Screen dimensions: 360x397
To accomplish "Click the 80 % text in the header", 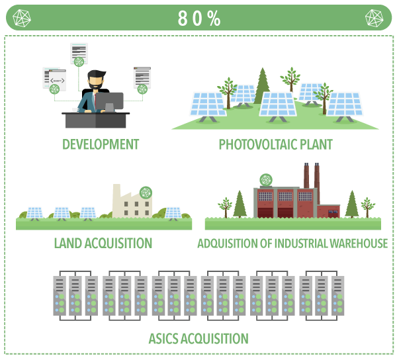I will coord(198,18).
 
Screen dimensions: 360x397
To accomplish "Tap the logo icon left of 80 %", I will coord(21,18).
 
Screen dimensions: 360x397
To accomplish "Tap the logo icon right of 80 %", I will coord(375,18).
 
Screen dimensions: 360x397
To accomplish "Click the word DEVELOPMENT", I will coord(101,144).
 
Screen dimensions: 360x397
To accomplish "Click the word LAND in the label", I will coord(66,244).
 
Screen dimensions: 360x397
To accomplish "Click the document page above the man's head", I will coord(79,52).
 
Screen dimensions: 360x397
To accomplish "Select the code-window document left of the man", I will coord(55,79).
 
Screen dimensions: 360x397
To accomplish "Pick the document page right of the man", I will coord(142,77).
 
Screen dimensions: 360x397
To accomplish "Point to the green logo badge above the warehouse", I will coord(266,179).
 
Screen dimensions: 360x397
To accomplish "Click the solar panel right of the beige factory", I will coord(173,212).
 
